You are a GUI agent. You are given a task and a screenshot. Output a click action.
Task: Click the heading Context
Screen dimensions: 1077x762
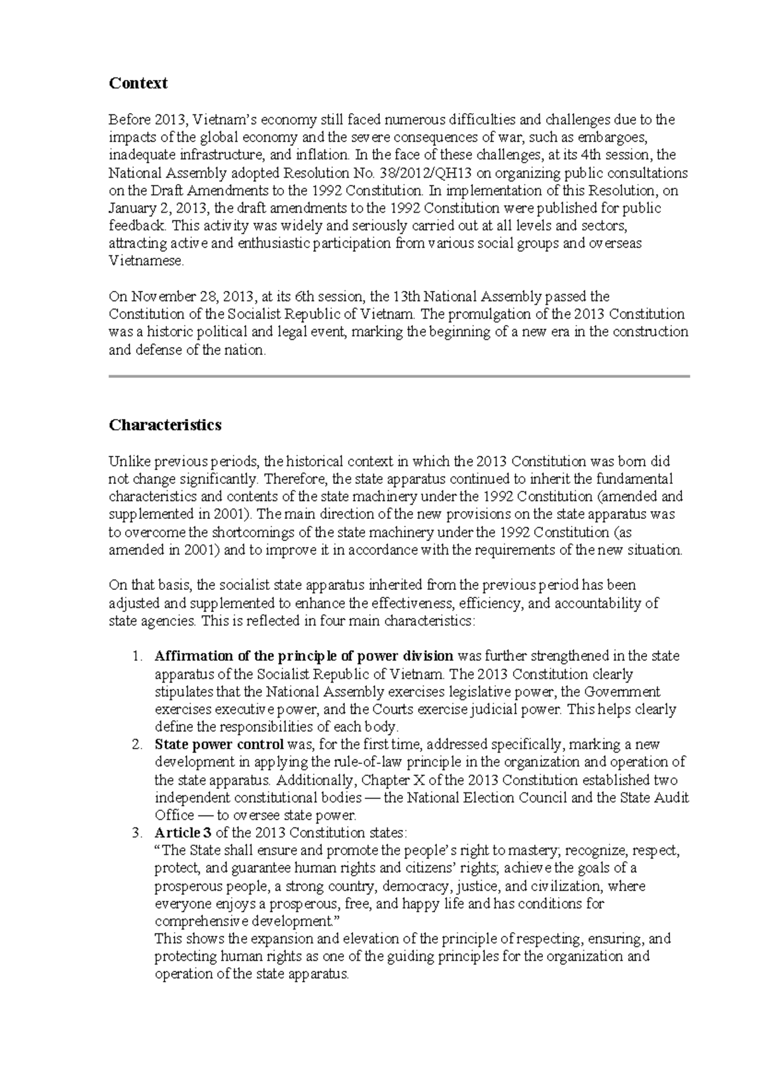point(138,83)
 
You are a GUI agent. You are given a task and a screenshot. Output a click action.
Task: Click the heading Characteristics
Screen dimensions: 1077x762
point(164,425)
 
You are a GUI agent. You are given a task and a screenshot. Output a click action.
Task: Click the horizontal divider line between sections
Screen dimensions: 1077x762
point(399,377)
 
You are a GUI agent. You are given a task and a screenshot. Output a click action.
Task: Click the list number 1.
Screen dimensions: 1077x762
point(138,656)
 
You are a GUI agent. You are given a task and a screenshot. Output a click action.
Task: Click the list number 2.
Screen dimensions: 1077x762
point(138,744)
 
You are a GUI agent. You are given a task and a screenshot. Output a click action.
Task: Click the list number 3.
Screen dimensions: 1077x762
point(138,833)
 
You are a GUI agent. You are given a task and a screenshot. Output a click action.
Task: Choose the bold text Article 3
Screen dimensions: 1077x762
point(183,833)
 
